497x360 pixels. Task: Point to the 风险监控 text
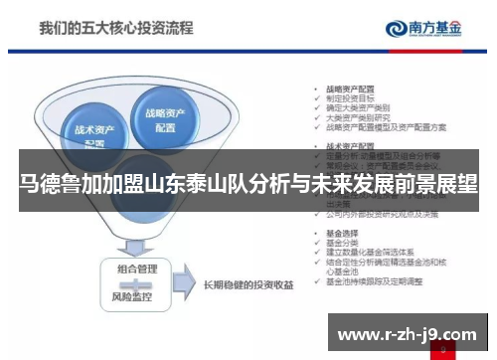point(137,294)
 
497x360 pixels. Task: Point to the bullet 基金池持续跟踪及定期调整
point(373,282)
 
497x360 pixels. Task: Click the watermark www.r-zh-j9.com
point(408,332)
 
